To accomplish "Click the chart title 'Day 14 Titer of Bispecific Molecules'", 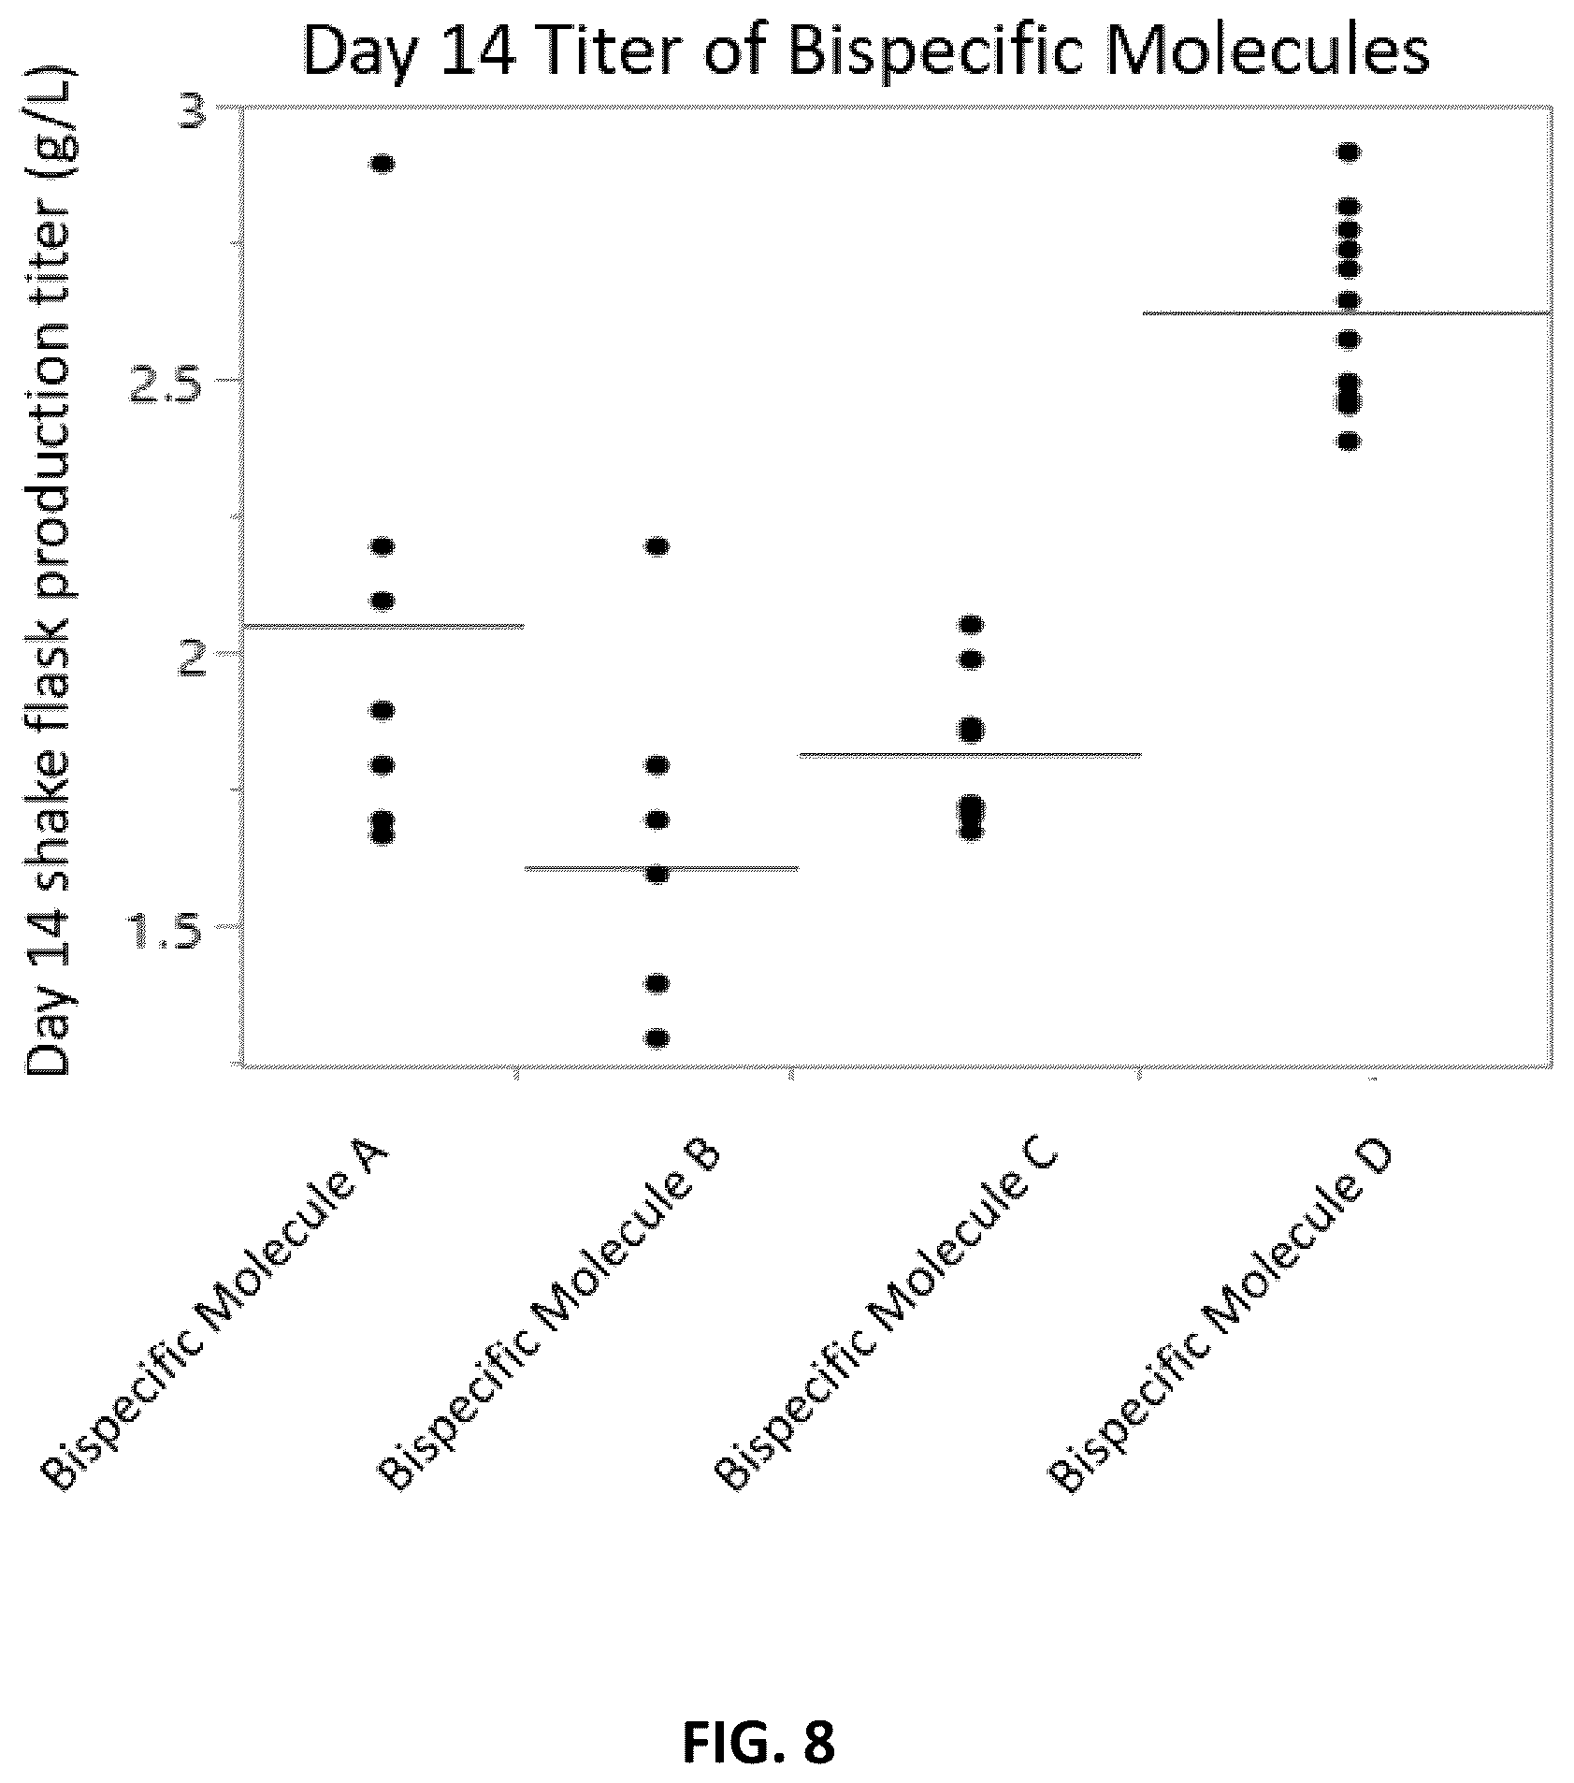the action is pos(866,52).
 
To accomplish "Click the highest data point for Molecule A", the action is pos(383,165).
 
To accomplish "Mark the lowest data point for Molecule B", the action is pos(657,1037).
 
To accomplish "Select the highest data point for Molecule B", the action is pos(657,546).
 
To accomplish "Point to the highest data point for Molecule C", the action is pos(972,624).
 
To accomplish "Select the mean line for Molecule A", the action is pos(383,626).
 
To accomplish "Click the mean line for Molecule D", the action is pos(1348,312).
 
